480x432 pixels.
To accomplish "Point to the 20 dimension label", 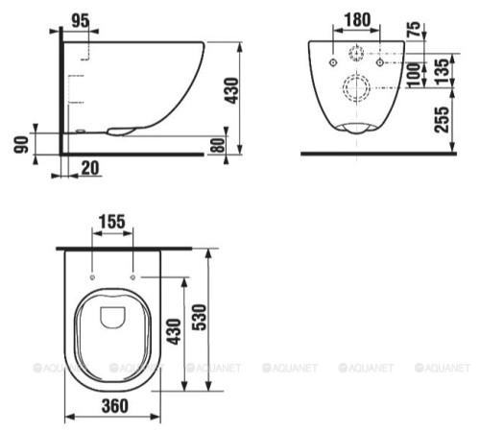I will [90, 168].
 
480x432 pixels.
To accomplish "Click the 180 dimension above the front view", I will [358, 20].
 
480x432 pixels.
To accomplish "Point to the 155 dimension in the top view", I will [111, 222].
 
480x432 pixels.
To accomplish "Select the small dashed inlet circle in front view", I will [357, 53].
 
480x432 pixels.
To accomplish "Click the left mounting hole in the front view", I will [332, 62].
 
